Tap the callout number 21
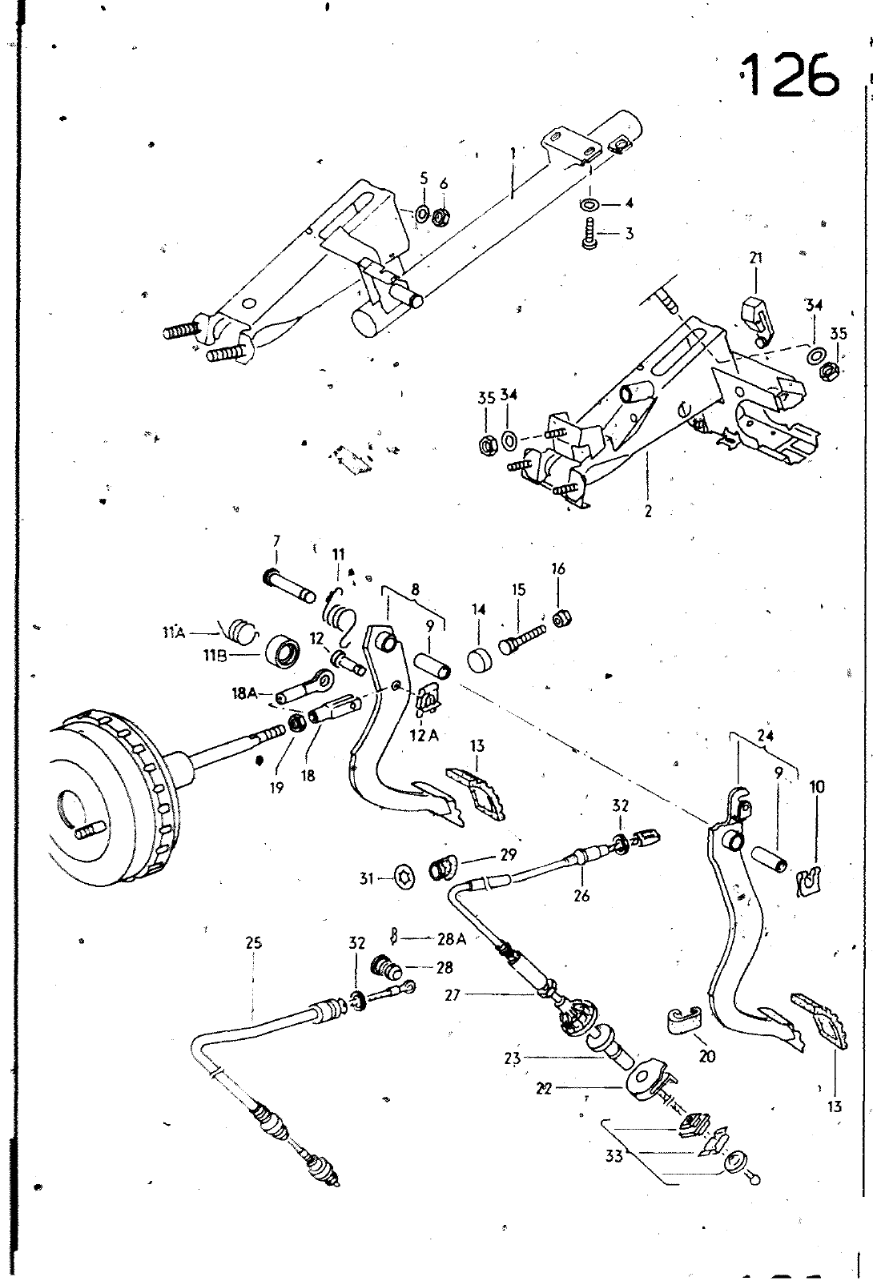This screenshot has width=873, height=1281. [x=755, y=258]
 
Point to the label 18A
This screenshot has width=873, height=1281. [x=244, y=694]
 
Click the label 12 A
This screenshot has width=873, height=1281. [x=425, y=735]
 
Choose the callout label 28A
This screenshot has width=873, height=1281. [x=451, y=939]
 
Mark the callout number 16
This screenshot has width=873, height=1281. [x=558, y=568]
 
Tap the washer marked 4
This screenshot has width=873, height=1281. [x=589, y=203]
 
